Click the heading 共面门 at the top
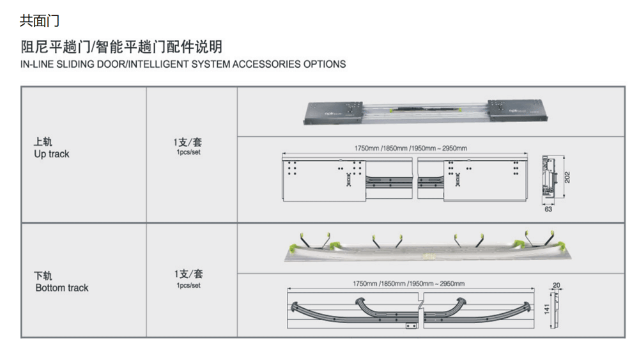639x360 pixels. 40,21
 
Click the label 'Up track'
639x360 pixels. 51,154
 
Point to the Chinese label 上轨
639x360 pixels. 42,143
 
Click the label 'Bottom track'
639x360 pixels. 62,288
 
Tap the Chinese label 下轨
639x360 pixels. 43,276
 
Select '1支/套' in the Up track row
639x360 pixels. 188,142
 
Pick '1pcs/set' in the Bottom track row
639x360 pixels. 188,285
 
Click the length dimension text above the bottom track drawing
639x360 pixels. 409,283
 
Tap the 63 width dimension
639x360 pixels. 548,209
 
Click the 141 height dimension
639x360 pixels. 546,309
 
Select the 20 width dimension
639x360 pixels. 556,285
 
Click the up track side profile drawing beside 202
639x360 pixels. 548,175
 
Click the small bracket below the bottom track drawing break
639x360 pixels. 410,325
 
